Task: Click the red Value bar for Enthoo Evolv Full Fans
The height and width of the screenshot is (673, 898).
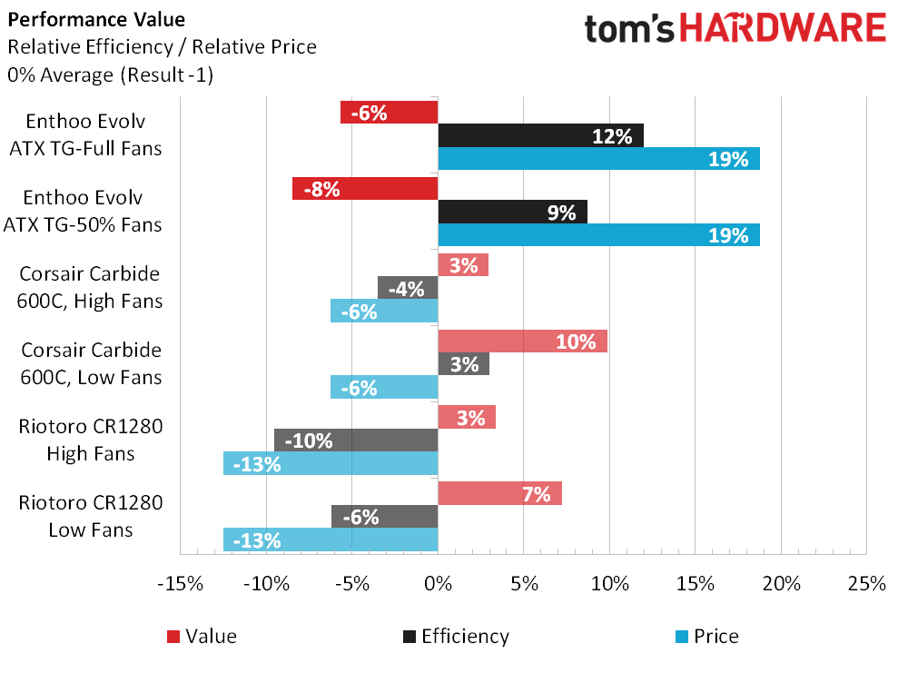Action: click(389, 113)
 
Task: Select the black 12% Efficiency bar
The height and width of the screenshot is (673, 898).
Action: click(540, 135)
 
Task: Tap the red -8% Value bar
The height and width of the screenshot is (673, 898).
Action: click(365, 189)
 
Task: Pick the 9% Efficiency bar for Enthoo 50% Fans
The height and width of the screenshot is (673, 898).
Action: click(512, 213)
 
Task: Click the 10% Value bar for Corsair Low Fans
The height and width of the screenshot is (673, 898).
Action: click(522, 341)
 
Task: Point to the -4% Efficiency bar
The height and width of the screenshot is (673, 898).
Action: click(408, 288)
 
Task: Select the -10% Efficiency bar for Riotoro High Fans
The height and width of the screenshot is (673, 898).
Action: click(356, 440)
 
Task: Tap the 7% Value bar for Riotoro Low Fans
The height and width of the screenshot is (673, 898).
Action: click(499, 494)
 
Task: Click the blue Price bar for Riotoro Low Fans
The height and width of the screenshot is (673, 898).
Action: click(331, 540)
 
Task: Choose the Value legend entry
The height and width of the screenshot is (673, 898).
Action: click(202, 636)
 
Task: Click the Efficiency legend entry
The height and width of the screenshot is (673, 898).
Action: click(455, 636)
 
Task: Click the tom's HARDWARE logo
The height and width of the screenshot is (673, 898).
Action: click(735, 27)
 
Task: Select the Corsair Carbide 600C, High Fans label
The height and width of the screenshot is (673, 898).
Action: click(92, 288)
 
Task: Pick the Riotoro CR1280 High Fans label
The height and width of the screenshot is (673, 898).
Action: click(90, 440)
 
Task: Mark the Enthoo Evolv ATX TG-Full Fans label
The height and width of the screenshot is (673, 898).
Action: click(94, 134)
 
